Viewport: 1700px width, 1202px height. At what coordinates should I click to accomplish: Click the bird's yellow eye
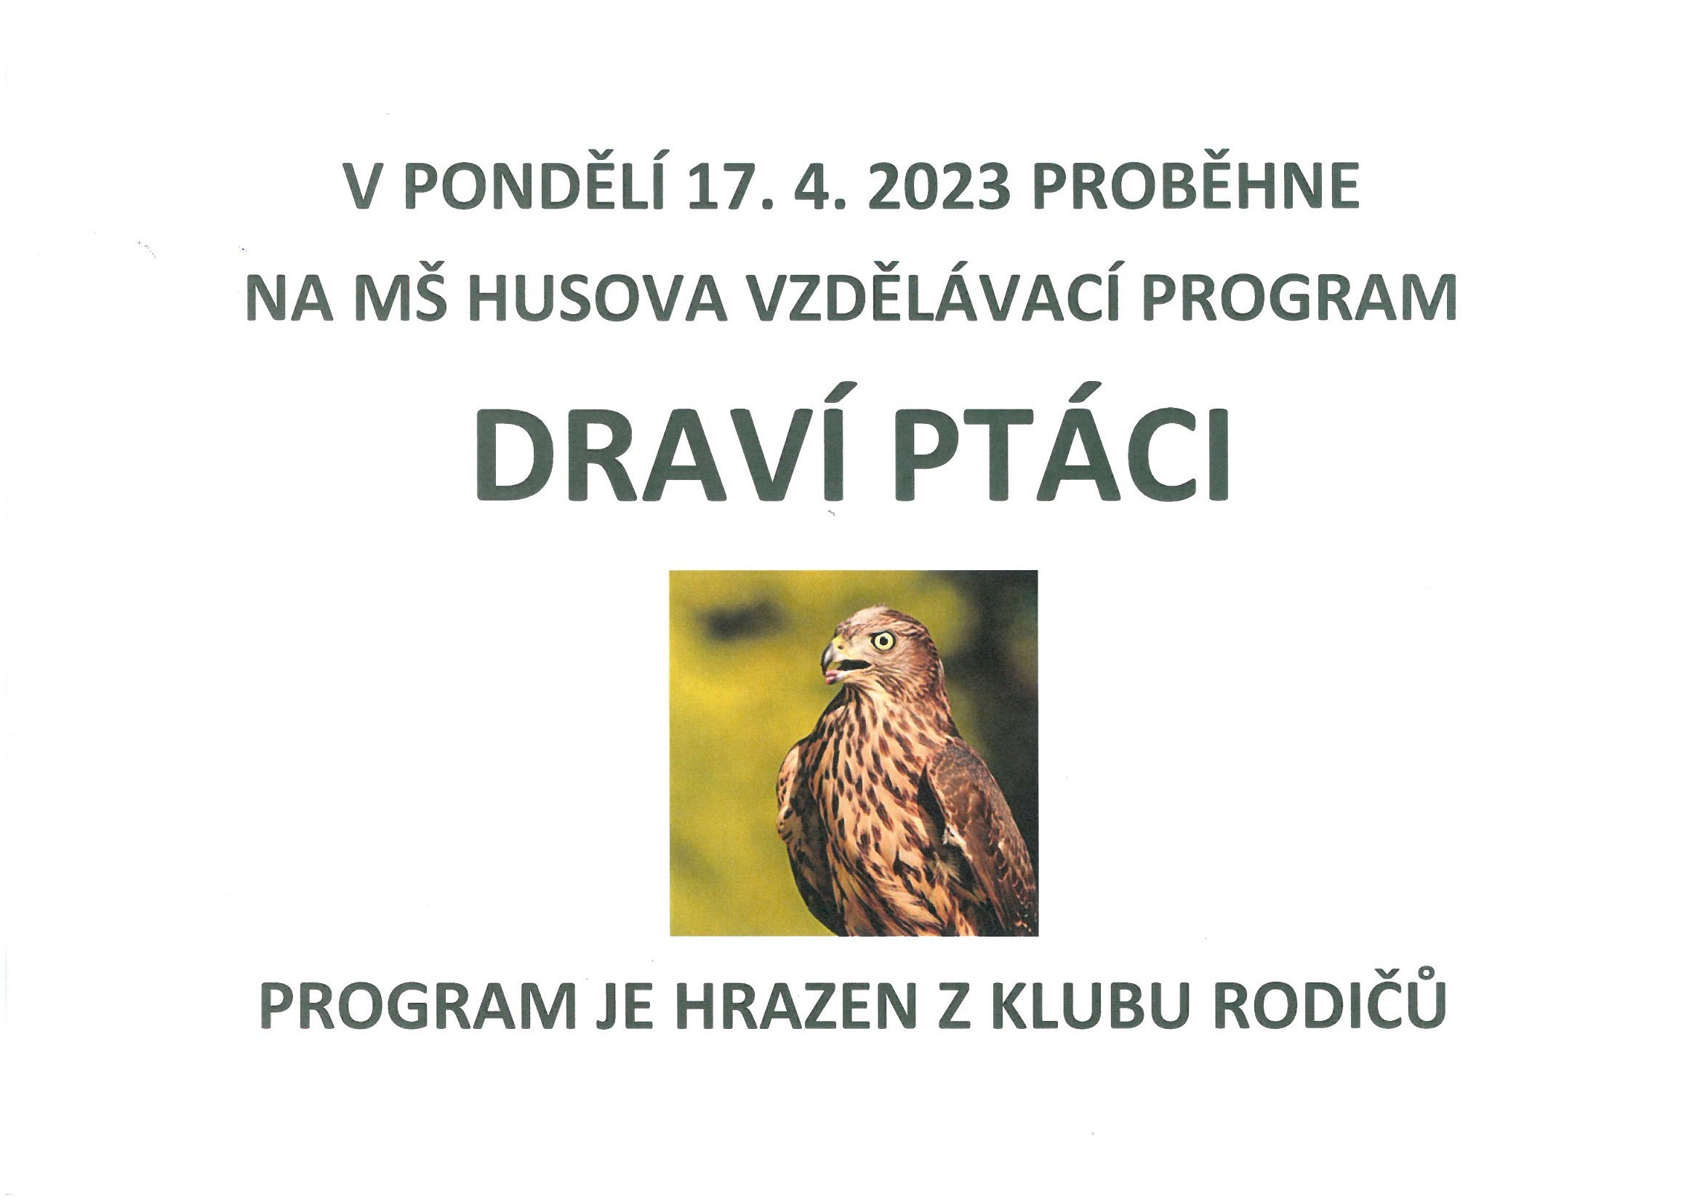point(883,641)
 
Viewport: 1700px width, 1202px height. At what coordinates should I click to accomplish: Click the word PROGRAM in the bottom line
point(416,1006)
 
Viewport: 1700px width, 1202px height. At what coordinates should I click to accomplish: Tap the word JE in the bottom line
point(622,1006)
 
